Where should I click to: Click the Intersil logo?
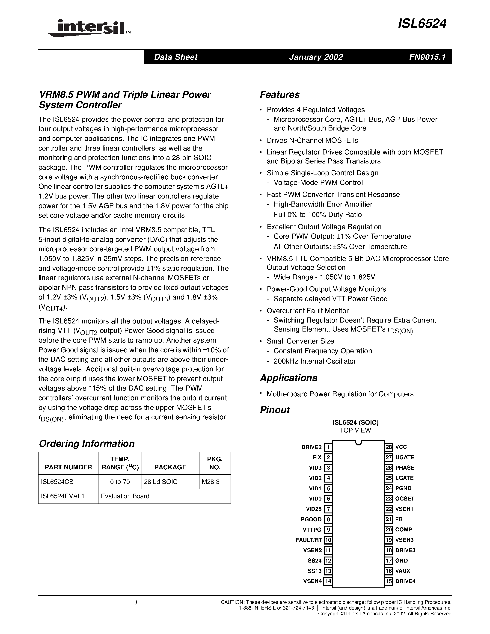click(89, 28)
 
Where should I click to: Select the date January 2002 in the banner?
click(316, 57)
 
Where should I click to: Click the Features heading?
click(279, 95)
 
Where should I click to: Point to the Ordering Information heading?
click(87, 444)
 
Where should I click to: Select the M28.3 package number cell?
click(211, 482)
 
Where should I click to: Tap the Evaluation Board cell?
click(125, 496)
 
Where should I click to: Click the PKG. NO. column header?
click(215, 463)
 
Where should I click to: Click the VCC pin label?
click(401, 447)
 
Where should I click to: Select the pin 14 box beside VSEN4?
click(328, 581)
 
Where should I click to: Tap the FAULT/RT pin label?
click(309, 540)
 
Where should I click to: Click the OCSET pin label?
click(404, 499)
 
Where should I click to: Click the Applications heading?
click(288, 378)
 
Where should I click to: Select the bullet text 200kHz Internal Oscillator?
click(315, 361)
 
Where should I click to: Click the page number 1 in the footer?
click(136, 603)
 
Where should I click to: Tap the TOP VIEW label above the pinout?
click(355, 430)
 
